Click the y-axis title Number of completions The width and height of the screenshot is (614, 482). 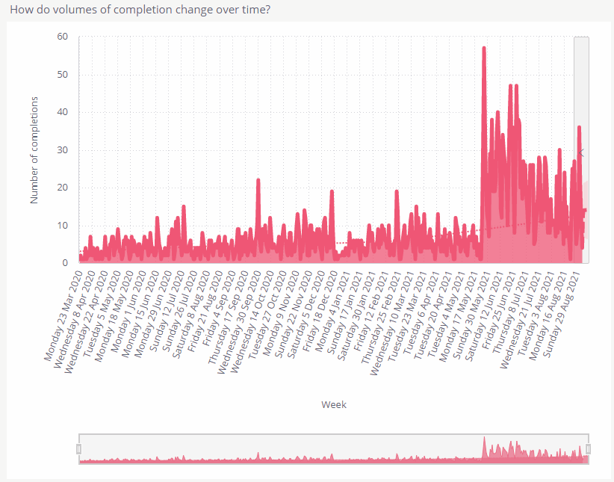pos(34,149)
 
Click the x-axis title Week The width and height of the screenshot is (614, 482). pos(334,404)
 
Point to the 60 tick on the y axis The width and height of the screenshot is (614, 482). pos(63,37)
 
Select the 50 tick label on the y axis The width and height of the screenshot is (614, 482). pos(63,75)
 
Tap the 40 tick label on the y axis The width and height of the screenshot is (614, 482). pos(63,112)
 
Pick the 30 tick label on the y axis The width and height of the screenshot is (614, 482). pos(63,150)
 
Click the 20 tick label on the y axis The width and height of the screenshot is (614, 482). pos(63,188)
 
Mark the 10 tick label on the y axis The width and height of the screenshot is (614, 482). pos(63,226)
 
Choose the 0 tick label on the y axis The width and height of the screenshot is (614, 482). pos(66,263)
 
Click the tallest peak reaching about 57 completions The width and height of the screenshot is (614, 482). pos(484,48)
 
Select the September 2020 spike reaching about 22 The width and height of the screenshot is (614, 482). pos(258,180)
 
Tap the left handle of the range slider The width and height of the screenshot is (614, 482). pos(78,448)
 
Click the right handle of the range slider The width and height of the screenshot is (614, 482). pos(589,448)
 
